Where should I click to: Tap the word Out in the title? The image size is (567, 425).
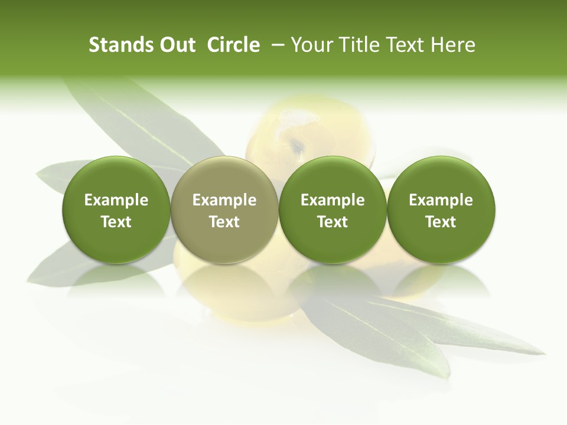point(175,45)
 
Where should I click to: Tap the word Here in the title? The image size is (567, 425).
point(454,45)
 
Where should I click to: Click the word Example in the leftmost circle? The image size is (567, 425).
point(116,200)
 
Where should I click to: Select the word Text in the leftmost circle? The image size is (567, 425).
point(116,222)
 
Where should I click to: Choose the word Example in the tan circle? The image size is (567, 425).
point(224,200)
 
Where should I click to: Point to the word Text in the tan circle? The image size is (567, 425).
point(224,222)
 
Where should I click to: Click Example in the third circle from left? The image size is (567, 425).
point(333,200)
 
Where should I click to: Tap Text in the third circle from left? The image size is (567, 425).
point(333,222)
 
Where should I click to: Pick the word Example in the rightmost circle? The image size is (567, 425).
point(441,200)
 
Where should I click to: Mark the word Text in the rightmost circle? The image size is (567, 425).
point(441,222)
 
